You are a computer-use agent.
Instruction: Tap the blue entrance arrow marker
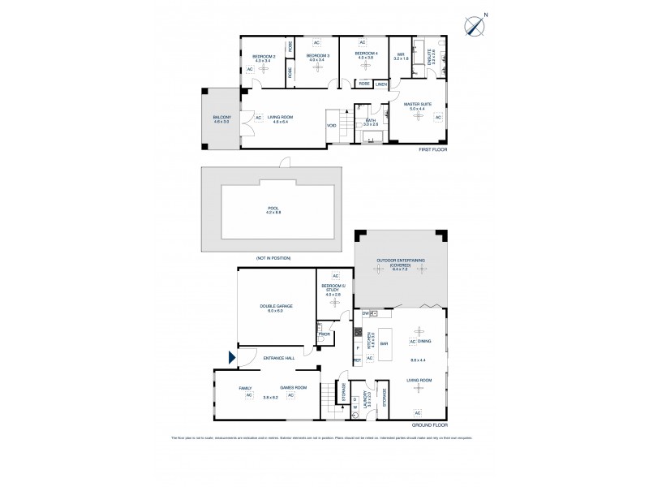(x=233, y=357)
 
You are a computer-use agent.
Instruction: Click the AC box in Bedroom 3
(x=316, y=42)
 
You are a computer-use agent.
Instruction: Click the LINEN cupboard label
(x=381, y=83)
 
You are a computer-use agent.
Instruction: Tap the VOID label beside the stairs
(x=332, y=125)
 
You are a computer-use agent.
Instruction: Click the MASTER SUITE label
(x=419, y=104)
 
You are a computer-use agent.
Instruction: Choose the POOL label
(x=273, y=208)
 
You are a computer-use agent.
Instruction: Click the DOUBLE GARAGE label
(x=276, y=306)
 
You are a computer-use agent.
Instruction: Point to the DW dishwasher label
(x=366, y=312)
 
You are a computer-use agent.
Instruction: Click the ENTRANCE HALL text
(x=273, y=357)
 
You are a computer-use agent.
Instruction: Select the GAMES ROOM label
(x=293, y=387)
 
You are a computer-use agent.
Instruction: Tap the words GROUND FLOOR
(x=428, y=425)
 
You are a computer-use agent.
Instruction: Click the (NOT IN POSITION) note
(x=273, y=258)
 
